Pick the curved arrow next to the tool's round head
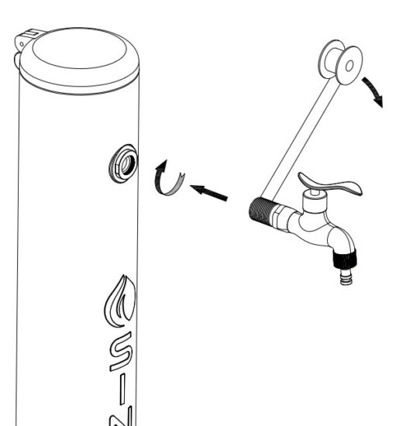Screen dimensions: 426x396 tap(377, 91)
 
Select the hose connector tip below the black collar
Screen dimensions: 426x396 tap(345, 276)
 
